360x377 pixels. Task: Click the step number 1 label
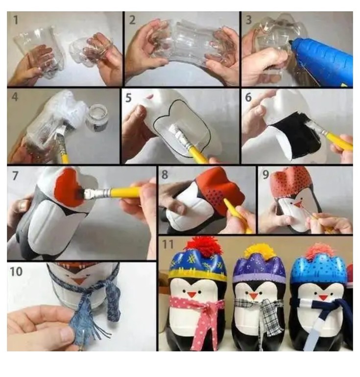tap(16, 20)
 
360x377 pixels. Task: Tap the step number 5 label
tap(129, 98)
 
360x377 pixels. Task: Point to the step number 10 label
tap(16, 271)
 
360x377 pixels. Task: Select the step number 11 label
tap(168, 244)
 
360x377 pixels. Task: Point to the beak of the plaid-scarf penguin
tap(253, 296)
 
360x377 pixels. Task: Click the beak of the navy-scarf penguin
tap(323, 297)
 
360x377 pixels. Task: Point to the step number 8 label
tap(165, 174)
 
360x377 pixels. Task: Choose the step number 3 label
tap(249, 20)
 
